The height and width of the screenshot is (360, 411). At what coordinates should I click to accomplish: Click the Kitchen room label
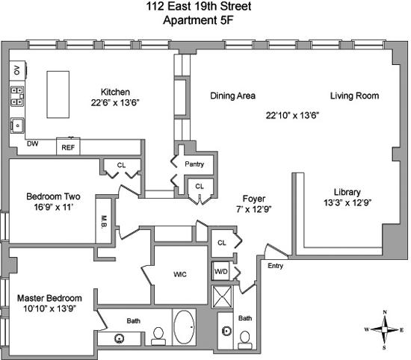(x=115, y=92)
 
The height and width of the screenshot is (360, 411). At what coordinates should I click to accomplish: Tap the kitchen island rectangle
(x=58, y=94)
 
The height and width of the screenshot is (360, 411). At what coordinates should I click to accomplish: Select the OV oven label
(x=17, y=70)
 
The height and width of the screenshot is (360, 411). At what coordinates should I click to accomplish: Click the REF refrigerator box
(x=68, y=146)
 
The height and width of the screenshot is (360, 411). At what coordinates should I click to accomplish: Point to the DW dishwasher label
(x=33, y=143)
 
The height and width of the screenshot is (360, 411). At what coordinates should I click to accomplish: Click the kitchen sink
(x=17, y=125)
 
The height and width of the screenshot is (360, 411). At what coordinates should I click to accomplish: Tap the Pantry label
(x=194, y=164)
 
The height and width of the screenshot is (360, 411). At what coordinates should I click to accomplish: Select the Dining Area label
(x=232, y=96)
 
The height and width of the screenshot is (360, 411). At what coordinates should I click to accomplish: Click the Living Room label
(x=354, y=96)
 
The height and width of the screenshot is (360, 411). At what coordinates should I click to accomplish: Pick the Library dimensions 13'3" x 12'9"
(x=347, y=203)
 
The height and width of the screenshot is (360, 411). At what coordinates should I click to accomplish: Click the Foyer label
(x=254, y=199)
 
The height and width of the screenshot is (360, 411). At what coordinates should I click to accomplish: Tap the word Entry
(x=275, y=266)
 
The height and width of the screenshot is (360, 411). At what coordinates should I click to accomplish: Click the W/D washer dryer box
(x=220, y=271)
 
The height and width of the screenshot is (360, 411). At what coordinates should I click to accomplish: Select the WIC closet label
(x=180, y=274)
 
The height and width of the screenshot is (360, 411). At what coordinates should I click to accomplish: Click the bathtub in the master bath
(x=185, y=327)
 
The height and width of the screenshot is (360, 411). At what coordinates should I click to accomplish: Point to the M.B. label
(x=104, y=222)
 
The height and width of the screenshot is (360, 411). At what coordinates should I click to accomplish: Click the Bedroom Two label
(x=53, y=196)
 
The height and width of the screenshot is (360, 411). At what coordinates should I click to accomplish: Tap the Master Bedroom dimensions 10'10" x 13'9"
(x=49, y=308)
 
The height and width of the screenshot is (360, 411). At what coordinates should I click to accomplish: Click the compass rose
(x=385, y=329)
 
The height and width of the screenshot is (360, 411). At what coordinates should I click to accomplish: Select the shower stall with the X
(x=222, y=297)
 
